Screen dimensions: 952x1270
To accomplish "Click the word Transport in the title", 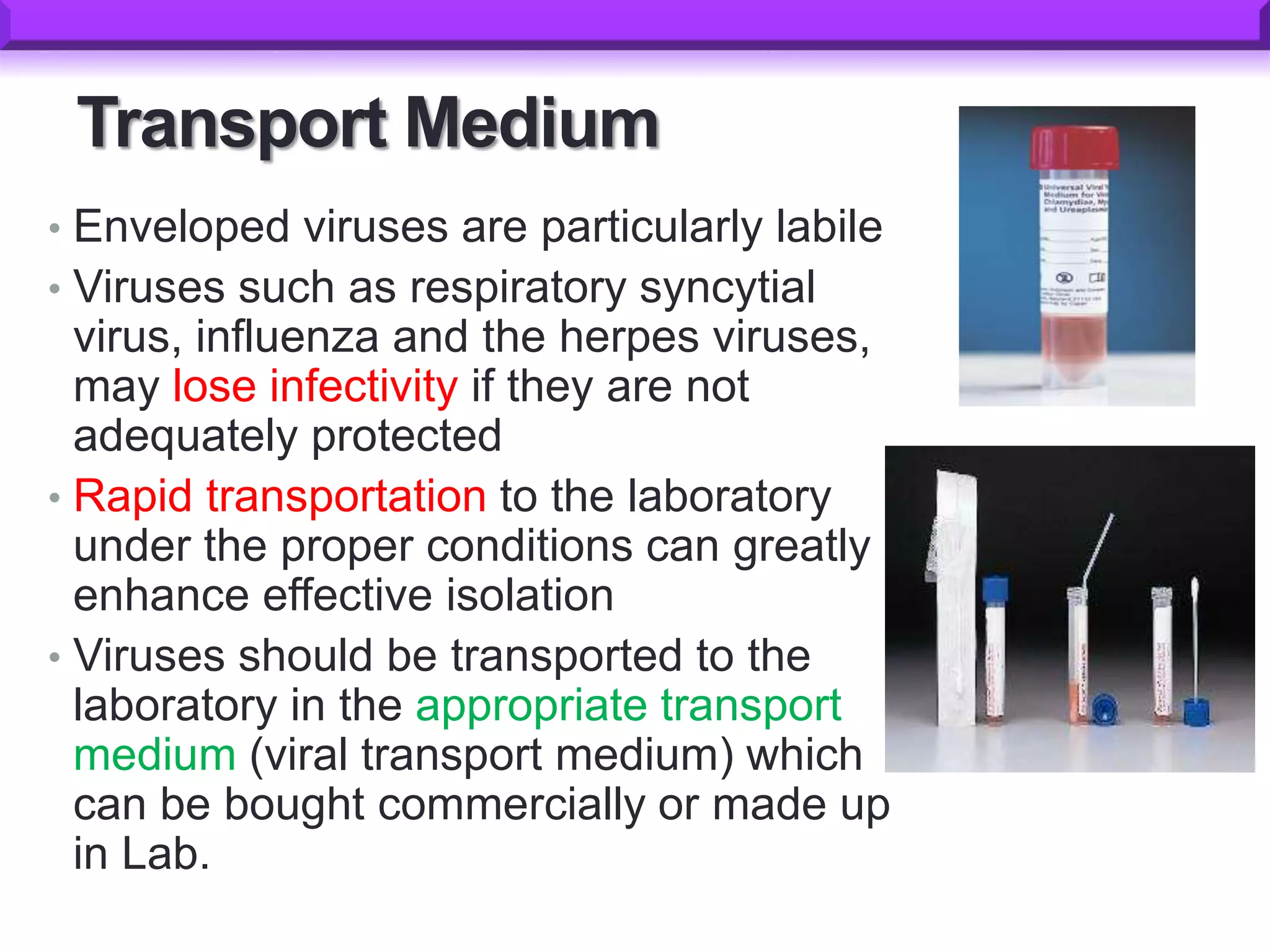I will click(x=232, y=125).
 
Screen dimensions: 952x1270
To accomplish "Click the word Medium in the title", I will click(x=531, y=123).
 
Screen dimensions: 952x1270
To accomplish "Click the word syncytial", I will click(x=727, y=288).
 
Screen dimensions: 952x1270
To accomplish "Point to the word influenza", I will click(x=287, y=337).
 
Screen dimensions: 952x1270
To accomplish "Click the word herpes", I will click(x=629, y=338).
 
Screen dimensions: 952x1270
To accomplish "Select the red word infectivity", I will click(x=364, y=386).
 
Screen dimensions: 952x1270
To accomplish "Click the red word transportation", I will click(x=346, y=496).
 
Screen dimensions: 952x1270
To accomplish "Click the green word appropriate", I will click(x=530, y=707).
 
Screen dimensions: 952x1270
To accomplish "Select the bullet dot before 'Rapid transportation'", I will click(x=55, y=498).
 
